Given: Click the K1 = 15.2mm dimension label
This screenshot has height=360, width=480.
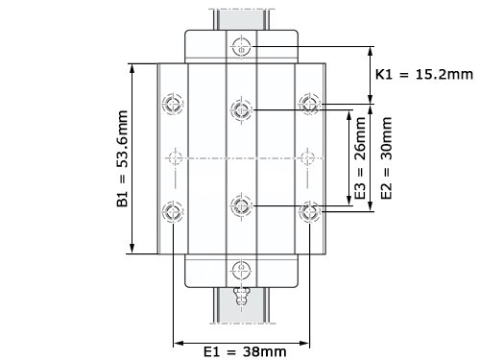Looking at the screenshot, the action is pyautogui.click(x=424, y=75).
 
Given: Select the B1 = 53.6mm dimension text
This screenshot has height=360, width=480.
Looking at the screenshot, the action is pyautogui.click(x=122, y=158).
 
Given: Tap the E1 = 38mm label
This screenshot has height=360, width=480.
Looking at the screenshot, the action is pyautogui.click(x=245, y=351).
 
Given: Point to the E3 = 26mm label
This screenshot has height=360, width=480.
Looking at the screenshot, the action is pyautogui.click(x=360, y=158).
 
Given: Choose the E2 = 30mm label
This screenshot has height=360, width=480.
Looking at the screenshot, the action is pyautogui.click(x=386, y=158).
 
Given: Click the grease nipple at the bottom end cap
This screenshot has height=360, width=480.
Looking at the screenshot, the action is pyautogui.click(x=241, y=297).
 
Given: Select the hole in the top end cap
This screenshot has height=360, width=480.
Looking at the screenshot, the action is pyautogui.click(x=241, y=47).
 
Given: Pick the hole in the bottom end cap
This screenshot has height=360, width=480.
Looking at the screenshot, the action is pyautogui.click(x=241, y=270).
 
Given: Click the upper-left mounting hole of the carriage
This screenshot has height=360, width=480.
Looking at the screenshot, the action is pyautogui.click(x=173, y=104).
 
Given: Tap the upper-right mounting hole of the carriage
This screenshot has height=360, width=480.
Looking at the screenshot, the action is pyautogui.click(x=309, y=104).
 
